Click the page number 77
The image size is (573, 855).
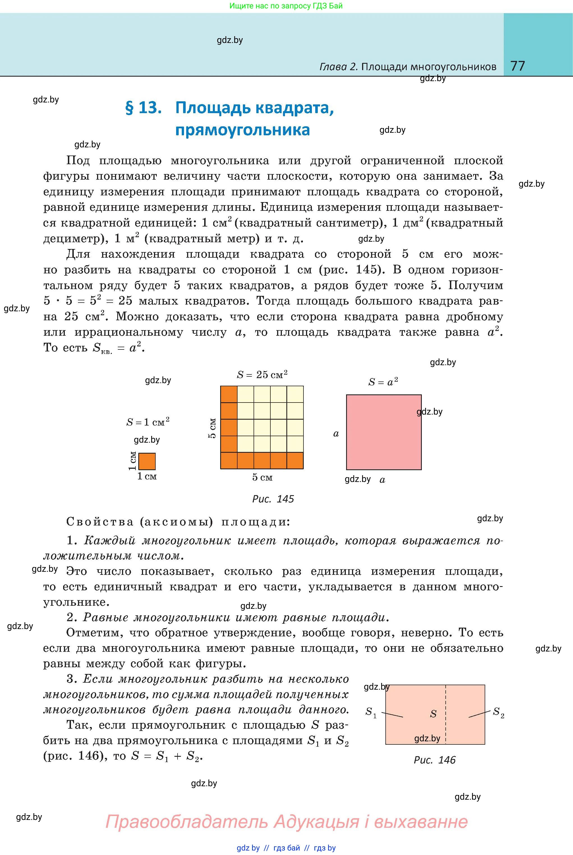(517, 66)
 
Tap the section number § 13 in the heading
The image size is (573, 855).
(143, 108)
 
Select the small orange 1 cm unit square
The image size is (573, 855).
(147, 461)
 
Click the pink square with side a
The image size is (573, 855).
(384, 432)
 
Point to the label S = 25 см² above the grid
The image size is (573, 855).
(262, 375)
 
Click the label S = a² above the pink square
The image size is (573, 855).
(383, 382)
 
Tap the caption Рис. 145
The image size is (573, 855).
(273, 499)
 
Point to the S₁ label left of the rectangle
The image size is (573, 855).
(371, 712)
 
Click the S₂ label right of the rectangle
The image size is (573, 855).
(498, 712)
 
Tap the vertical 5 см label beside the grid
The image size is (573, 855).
(212, 428)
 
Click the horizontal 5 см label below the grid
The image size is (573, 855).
(262, 477)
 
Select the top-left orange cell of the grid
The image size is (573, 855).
(229, 394)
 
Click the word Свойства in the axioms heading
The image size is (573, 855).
(100, 522)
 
